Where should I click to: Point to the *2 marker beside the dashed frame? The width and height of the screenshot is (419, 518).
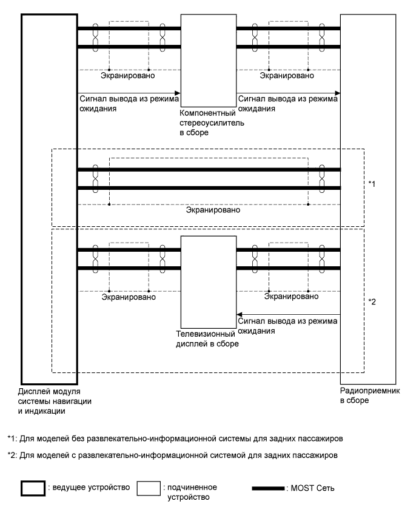point(372,301)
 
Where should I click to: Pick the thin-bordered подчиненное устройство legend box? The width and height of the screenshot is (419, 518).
point(149,489)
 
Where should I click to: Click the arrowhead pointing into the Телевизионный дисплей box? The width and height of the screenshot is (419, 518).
point(239,315)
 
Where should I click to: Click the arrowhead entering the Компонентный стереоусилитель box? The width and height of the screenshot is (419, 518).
point(178,93)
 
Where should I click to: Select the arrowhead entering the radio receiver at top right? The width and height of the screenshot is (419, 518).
point(337,93)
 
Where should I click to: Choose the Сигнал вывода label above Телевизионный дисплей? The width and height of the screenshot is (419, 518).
point(287,328)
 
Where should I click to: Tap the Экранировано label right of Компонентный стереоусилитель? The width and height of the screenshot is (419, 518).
point(287,76)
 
